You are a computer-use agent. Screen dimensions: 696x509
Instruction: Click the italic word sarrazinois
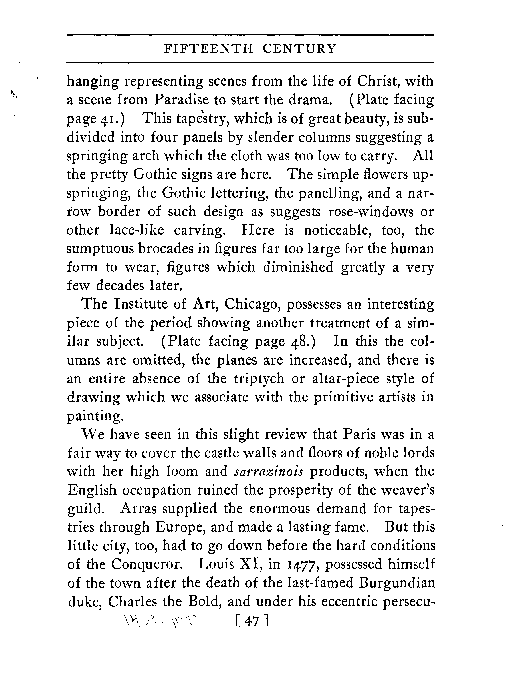269,471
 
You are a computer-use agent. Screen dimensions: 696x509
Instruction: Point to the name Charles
133,602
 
